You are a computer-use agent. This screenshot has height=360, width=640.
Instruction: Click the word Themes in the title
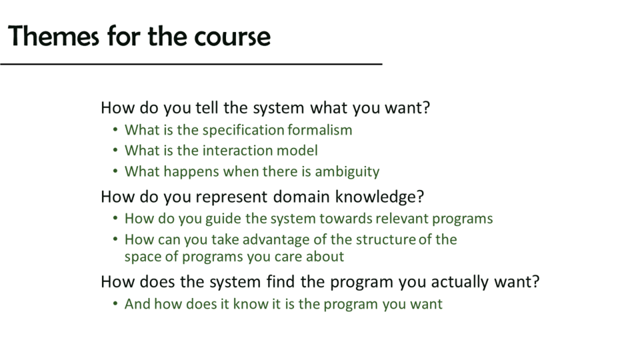point(53,36)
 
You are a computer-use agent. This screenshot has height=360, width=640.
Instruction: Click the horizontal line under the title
point(191,64)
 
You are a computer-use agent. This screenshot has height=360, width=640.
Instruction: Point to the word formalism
point(319,130)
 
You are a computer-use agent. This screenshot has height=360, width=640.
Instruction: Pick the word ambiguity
point(347,171)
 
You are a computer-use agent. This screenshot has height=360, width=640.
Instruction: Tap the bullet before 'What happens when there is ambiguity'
point(115,171)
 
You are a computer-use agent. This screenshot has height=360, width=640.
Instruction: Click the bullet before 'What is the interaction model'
point(115,150)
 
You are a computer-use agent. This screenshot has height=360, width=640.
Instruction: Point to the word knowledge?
point(379,197)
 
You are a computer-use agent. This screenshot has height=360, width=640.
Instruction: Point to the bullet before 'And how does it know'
point(115,304)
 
